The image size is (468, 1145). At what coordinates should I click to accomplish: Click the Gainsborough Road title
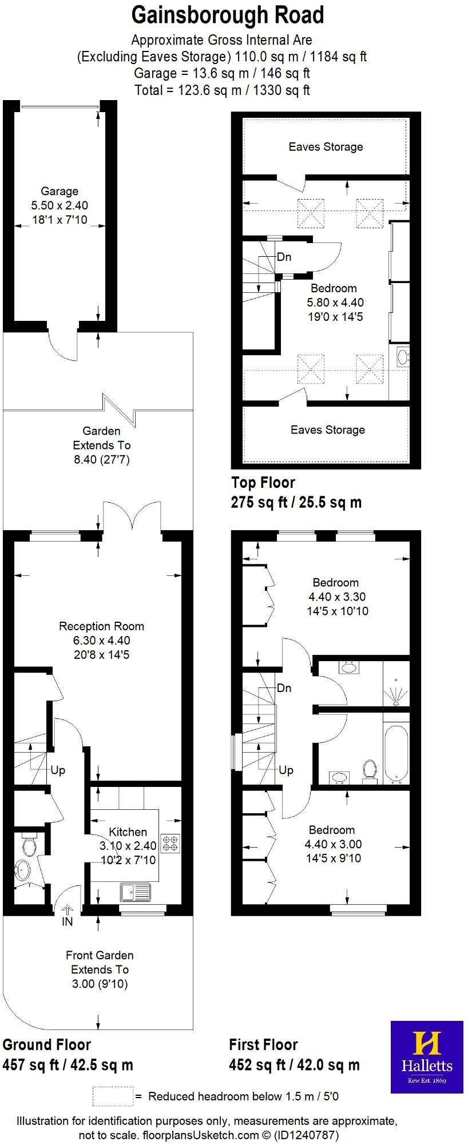click(x=228, y=15)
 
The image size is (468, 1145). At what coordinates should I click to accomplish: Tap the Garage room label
click(x=60, y=192)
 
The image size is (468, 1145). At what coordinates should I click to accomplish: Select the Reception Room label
click(x=101, y=626)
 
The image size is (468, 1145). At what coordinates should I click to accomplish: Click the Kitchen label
click(x=128, y=832)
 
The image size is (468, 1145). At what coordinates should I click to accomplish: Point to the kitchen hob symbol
click(x=170, y=843)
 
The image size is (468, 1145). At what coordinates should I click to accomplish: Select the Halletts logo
click(x=427, y=1057)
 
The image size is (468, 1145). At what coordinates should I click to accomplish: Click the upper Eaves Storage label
click(x=326, y=147)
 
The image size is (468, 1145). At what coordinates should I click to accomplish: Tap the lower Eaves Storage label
click(x=327, y=430)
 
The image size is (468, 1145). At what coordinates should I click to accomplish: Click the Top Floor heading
click(x=263, y=482)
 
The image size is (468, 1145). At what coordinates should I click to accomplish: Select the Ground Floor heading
click(x=46, y=1045)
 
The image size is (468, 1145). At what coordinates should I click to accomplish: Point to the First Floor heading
click(x=263, y=1045)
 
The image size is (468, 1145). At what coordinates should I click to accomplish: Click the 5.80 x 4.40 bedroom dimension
click(x=335, y=303)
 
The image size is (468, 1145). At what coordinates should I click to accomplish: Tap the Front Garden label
click(x=100, y=955)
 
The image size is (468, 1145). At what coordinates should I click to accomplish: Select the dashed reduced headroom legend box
click(x=113, y=1096)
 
